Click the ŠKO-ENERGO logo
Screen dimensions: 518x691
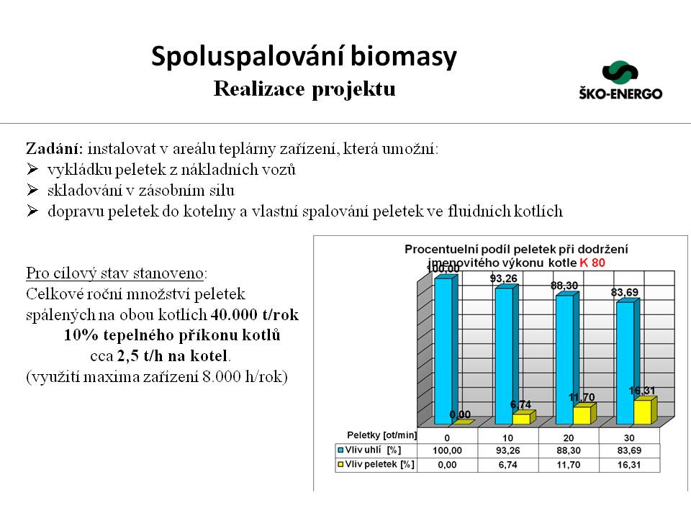click(x=620, y=80)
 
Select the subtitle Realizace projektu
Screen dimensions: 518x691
click(x=304, y=90)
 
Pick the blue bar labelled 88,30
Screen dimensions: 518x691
click(x=564, y=358)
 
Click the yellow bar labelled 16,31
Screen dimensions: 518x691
click(x=643, y=411)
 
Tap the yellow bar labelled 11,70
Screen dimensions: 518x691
click(x=582, y=414)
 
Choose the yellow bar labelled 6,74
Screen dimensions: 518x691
click(x=522, y=418)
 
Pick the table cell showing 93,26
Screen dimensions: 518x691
click(x=508, y=450)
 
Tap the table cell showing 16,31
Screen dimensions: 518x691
click(x=630, y=465)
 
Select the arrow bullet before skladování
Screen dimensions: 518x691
click(x=32, y=191)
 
